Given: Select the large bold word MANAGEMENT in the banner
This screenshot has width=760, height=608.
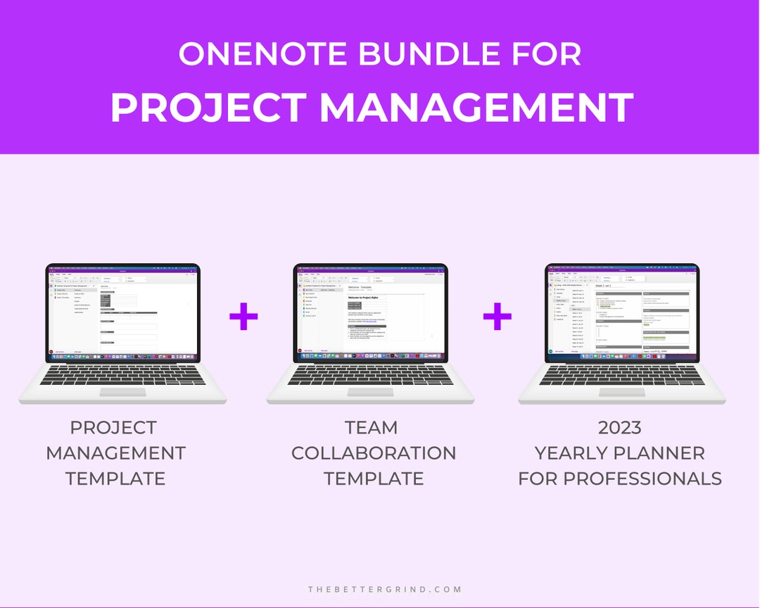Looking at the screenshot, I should pos(476,108).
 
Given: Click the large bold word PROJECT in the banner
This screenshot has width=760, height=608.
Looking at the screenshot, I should pos(208,108).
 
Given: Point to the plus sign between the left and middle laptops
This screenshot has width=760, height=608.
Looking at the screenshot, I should pos(243,318).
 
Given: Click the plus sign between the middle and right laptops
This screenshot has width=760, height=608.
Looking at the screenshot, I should pos(497,318).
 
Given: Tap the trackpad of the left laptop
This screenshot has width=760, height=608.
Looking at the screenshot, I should pos(122,392).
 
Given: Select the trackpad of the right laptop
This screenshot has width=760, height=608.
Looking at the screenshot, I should pos(622,392).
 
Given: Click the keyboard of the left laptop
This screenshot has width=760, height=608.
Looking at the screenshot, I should pos(122,375).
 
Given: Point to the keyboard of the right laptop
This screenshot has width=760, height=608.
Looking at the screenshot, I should pos(622,375).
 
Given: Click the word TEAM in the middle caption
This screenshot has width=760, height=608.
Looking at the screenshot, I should pos(372,428).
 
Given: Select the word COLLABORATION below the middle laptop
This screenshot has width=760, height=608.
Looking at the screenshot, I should pos(374,453).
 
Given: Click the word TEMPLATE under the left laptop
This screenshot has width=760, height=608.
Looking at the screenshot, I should pos(115,479).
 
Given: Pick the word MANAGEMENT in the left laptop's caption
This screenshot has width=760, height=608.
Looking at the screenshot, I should pos(115,453).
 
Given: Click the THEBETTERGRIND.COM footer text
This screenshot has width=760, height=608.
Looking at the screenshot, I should pos(385,589).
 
